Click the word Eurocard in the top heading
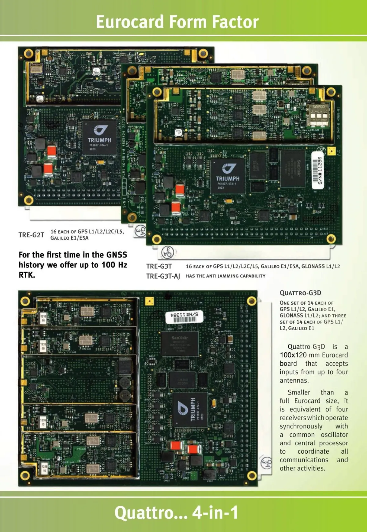point(130,22)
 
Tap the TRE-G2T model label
point(31,235)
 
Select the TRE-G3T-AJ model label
point(163,276)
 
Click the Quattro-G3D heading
point(300,293)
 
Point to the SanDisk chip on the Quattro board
point(180,343)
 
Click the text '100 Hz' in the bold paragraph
point(114,265)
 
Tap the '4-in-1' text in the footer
point(215,512)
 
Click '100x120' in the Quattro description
point(293,355)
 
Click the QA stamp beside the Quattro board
point(266,464)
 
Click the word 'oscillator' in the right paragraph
point(334,435)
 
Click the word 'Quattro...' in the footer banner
point(151,512)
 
